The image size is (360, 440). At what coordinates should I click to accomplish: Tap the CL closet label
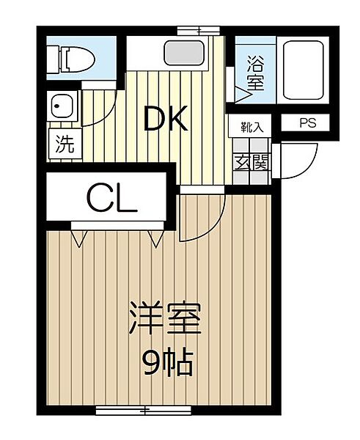point(111,197)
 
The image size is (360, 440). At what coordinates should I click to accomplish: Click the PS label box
point(307,124)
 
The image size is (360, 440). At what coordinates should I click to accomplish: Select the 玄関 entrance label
point(251,163)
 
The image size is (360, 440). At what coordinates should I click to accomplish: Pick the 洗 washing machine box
point(65,144)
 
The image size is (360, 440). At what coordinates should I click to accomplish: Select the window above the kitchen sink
point(197,30)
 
